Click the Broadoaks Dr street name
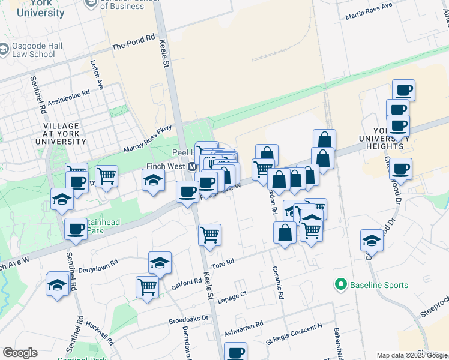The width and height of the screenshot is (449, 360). [188, 319]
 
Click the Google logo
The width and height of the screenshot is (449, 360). [20, 353]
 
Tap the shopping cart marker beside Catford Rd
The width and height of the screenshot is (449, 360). [147, 287]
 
